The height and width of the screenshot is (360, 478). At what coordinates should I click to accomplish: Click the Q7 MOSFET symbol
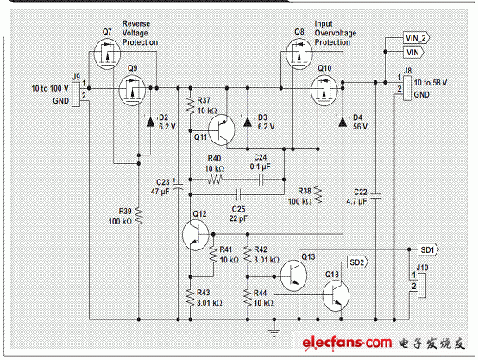tap(107, 54)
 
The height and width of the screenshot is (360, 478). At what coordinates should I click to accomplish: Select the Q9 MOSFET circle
tap(132, 91)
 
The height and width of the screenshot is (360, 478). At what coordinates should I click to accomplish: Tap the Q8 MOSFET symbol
tap(299, 54)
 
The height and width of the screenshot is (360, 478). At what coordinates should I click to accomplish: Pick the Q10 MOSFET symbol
tap(324, 91)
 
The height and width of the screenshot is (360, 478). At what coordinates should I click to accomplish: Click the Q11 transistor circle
tap(222, 130)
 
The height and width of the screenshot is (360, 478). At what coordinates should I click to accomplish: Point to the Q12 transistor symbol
tap(195, 235)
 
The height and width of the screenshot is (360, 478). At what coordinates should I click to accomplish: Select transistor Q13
tap(293, 275)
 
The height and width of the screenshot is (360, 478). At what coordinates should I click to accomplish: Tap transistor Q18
tap(336, 296)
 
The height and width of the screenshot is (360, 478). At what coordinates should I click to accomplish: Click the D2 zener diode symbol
tap(150, 122)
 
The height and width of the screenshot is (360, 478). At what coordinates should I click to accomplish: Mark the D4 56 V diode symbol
tap(343, 122)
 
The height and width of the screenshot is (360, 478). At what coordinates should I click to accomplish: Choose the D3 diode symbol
tap(248, 122)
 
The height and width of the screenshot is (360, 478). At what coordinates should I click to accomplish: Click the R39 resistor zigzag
tap(139, 215)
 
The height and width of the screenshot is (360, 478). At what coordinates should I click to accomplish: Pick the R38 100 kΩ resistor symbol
tap(318, 195)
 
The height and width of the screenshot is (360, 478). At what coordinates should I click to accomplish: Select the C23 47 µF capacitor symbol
tap(178, 186)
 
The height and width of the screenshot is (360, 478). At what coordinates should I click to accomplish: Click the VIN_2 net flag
tap(416, 38)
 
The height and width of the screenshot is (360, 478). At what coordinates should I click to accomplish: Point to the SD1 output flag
tap(428, 249)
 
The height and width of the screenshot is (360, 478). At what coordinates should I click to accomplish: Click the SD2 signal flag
tap(357, 262)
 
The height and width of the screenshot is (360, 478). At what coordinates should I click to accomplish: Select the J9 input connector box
tap(76, 93)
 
